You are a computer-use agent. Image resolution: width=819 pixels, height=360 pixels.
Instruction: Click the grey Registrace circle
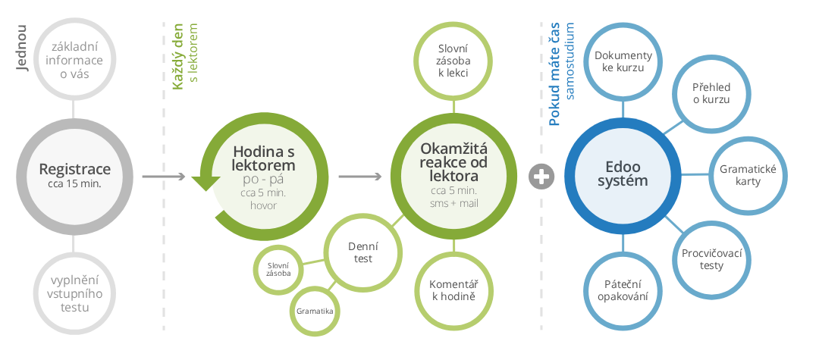74,175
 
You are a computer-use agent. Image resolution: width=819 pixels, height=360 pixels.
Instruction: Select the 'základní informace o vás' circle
74,61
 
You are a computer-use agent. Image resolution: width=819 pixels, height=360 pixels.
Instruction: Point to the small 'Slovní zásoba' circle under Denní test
278,268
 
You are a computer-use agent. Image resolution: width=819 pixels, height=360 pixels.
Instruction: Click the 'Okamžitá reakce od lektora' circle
453,176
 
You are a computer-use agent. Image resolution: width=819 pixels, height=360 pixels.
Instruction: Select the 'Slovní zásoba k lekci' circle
453,61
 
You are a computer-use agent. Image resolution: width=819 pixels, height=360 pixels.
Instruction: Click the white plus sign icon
542,177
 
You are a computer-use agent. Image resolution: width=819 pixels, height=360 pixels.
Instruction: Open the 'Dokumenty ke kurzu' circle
623,61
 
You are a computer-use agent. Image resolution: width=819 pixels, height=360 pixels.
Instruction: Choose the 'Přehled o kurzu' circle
711,93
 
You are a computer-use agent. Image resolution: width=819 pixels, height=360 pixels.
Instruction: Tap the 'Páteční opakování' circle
623,290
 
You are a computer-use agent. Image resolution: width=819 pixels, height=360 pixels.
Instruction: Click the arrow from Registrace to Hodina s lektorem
164,177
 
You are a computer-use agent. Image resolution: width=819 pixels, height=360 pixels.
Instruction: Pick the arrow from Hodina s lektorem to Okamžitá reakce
359,177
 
